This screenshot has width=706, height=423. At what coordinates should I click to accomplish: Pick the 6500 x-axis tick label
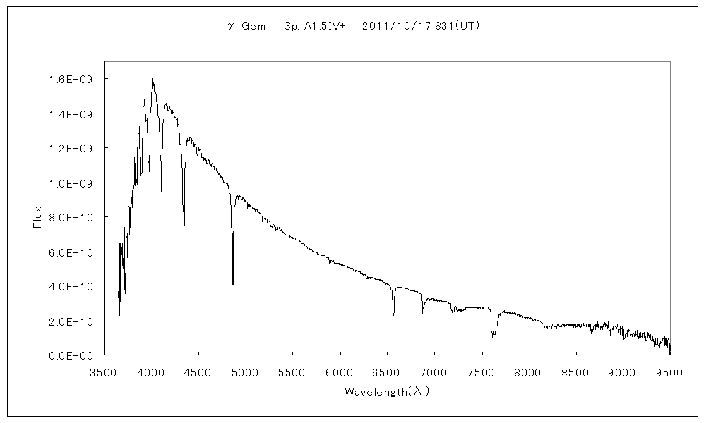pyautogui.click(x=387, y=372)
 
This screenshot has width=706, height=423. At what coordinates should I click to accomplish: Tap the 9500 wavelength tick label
pyautogui.click(x=669, y=372)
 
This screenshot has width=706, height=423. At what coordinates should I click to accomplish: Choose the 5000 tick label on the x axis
pyautogui.click(x=246, y=372)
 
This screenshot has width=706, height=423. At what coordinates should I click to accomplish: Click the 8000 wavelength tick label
pyautogui.click(x=528, y=372)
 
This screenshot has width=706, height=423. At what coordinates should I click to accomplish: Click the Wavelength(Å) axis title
pyautogui.click(x=387, y=391)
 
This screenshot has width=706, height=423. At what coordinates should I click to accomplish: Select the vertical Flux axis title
pyautogui.click(x=38, y=217)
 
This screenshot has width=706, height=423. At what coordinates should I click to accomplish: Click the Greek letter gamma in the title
pyautogui.click(x=230, y=27)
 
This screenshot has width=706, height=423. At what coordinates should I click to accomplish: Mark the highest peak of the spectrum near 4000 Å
pyautogui.click(x=152, y=78)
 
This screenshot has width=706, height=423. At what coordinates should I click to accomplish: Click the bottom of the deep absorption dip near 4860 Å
pyautogui.click(x=233, y=283)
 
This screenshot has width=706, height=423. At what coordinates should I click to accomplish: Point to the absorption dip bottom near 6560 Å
pyautogui.click(x=393, y=317)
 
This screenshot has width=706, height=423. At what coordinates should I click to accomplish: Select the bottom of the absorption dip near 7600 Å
pyautogui.click(x=493, y=337)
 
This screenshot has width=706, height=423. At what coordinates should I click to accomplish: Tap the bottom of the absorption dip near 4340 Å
pyautogui.click(x=184, y=234)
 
